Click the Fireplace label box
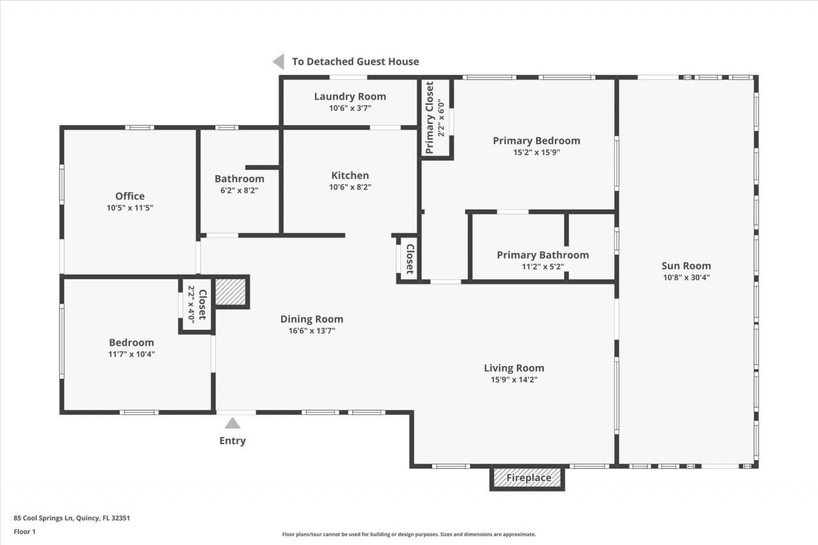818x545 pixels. point(528,478)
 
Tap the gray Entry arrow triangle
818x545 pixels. point(233,423)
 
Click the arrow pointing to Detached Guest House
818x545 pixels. point(279,61)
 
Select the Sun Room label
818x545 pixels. point(686,266)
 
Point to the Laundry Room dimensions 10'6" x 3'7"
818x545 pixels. point(350,108)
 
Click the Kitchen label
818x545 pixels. point(350,176)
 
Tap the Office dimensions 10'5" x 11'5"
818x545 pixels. point(130,208)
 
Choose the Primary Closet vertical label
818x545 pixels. point(429,118)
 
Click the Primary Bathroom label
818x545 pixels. point(543,255)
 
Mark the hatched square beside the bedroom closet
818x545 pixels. point(230,292)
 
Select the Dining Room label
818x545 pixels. point(312,319)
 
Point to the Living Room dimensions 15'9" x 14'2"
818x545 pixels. point(514,380)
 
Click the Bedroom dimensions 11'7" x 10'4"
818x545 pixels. point(131,353)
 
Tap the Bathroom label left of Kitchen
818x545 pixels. point(239,179)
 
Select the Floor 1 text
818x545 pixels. point(24,531)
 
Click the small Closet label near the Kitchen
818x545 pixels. point(410,259)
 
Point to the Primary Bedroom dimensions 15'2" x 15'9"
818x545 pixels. point(536,152)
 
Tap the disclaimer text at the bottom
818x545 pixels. point(409,534)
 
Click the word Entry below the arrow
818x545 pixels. point(233,440)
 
